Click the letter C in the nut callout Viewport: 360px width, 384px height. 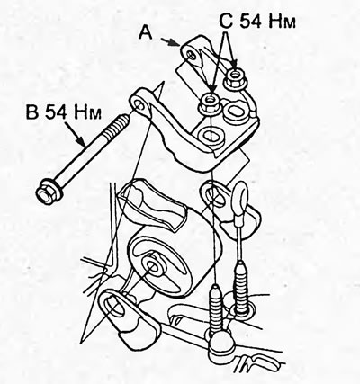[227, 22]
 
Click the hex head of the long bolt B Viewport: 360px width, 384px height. [48, 192]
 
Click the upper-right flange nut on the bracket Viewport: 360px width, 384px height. [234, 78]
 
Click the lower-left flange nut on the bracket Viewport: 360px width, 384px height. [210, 103]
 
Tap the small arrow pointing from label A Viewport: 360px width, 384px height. [170, 42]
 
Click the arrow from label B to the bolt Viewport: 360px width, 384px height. [75, 134]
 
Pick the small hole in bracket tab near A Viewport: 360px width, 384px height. [191, 53]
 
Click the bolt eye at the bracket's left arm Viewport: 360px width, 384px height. [139, 104]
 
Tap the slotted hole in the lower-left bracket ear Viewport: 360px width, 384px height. [114, 308]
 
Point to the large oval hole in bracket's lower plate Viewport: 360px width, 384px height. [211, 135]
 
